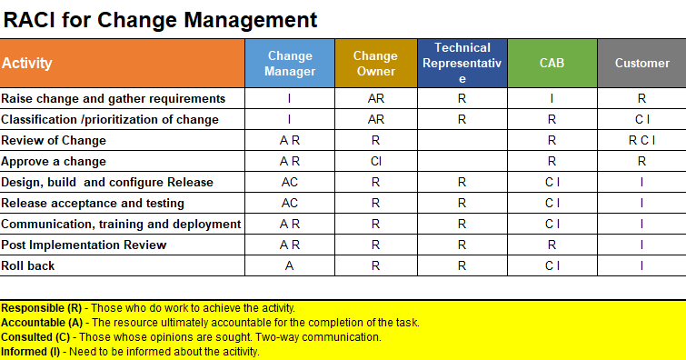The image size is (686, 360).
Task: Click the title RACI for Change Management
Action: click(x=161, y=19)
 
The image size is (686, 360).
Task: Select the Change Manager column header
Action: click(x=290, y=64)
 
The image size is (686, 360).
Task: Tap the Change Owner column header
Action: click(x=375, y=64)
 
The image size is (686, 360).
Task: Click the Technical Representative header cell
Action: click(x=462, y=64)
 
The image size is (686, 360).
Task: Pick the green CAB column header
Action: click(x=552, y=64)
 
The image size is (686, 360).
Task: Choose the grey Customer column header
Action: click(x=641, y=64)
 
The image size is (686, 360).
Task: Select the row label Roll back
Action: click(x=28, y=266)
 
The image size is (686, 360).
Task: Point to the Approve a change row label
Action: click(x=54, y=162)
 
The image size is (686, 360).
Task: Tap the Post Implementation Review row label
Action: click(x=84, y=245)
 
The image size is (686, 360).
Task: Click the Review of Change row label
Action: click(x=54, y=141)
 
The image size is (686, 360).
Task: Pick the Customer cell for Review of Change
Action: click(x=641, y=141)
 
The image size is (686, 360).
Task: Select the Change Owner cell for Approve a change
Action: click(x=375, y=162)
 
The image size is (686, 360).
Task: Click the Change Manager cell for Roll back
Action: click(x=290, y=266)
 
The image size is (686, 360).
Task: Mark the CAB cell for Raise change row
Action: click(x=552, y=99)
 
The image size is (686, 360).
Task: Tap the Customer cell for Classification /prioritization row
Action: click(x=641, y=120)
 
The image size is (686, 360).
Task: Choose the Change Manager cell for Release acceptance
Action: click(x=290, y=204)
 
